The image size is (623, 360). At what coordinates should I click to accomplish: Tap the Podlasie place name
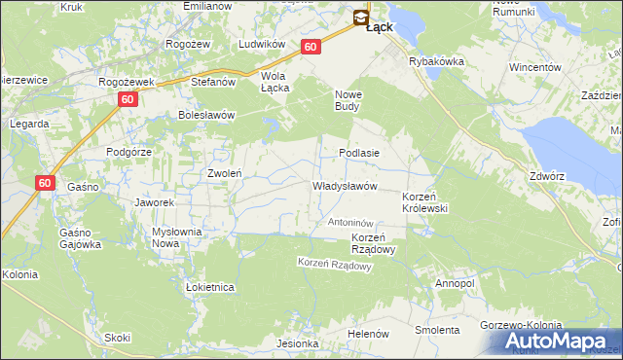click(x=358, y=153)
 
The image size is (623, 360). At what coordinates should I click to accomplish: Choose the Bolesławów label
click(x=207, y=114)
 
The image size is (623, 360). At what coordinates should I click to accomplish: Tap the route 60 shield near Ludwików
click(x=311, y=46)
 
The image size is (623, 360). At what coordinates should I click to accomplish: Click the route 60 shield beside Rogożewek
click(x=128, y=99)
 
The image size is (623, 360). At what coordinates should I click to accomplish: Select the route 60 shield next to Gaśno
click(x=46, y=182)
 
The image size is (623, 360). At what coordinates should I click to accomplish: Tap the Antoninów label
click(x=351, y=223)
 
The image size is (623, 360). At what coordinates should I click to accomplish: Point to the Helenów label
click(x=368, y=334)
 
